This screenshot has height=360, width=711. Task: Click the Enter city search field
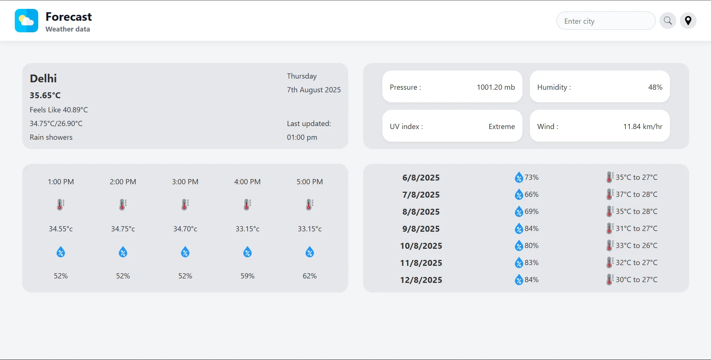pos(606,21)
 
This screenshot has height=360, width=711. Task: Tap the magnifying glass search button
pos(668,21)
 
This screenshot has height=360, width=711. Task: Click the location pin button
pos(688,21)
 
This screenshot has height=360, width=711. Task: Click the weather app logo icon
pos(26,21)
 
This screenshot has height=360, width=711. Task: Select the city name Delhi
pos(43,79)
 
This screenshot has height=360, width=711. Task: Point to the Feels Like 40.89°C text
pos(59,110)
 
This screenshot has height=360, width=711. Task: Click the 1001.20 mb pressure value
pos(495,87)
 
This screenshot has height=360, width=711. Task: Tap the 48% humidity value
pos(655,87)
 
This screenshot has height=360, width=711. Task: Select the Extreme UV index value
pos(501,126)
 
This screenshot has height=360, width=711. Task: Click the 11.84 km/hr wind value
pos(642,126)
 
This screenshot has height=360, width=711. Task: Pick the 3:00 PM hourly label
pos(185,182)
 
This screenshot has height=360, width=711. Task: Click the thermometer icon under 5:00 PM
pos(310,205)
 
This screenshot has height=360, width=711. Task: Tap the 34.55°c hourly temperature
pos(61,229)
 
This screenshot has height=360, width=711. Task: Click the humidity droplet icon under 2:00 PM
pos(123,252)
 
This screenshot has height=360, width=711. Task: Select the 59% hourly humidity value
pos(247,276)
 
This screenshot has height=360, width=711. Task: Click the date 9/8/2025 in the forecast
pos(421,229)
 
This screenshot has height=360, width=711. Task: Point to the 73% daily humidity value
pos(531,177)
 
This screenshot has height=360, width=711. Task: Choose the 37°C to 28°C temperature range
pos(637,194)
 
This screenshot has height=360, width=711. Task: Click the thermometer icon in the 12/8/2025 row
pos(609,280)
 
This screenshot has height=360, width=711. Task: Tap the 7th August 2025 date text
pos(314,90)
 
